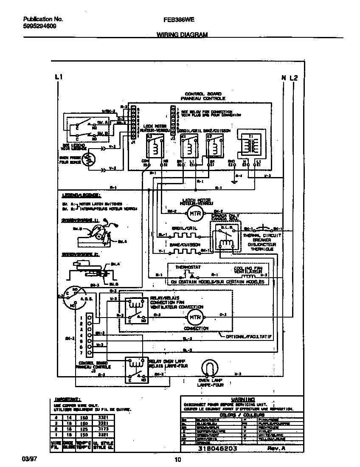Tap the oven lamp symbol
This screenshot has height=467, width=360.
pos(208,368)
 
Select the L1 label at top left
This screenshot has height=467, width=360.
pos(59,77)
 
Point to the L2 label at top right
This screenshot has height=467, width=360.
pos(294,78)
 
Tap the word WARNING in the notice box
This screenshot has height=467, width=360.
pos(243,399)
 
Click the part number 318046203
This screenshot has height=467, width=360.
pos(217,448)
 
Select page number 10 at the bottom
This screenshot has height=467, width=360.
pos(178,459)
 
